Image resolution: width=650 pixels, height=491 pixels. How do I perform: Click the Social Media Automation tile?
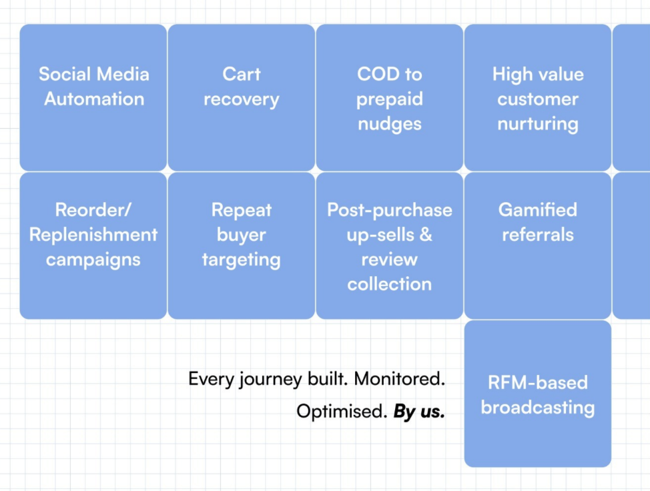[x=93, y=97]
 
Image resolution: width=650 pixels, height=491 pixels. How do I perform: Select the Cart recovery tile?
[x=241, y=97]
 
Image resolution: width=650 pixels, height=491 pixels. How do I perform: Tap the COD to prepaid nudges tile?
[x=389, y=97]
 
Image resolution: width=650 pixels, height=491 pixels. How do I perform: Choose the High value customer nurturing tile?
[x=537, y=97]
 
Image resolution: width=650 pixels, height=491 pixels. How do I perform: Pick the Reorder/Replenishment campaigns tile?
[x=93, y=246]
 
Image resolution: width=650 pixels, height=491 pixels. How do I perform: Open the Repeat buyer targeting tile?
[x=241, y=246]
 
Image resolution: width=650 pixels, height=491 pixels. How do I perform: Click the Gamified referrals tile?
[x=537, y=246]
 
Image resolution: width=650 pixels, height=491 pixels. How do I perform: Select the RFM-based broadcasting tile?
[x=537, y=394]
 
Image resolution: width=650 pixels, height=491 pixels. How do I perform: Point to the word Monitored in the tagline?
[x=399, y=379]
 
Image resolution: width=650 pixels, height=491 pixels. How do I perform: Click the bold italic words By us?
[x=419, y=412]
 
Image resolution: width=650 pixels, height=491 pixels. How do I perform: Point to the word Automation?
[x=94, y=99]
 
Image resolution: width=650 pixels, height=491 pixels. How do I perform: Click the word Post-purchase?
[x=389, y=210]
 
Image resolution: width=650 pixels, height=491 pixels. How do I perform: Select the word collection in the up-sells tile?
[x=389, y=284]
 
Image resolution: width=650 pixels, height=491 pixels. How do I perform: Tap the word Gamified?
[x=537, y=210]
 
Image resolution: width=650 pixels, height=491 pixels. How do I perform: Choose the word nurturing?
[x=537, y=124]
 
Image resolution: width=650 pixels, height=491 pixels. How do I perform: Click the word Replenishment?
[x=93, y=235]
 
